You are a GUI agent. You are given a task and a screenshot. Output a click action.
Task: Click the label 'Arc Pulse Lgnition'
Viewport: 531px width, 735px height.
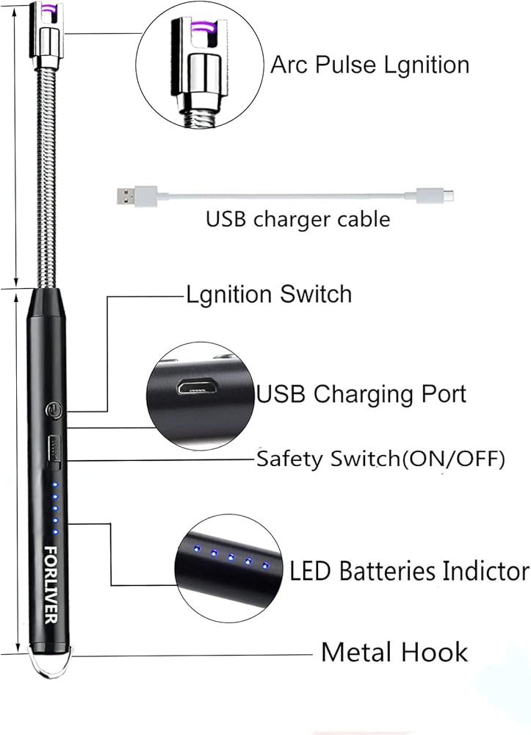(x=369, y=65)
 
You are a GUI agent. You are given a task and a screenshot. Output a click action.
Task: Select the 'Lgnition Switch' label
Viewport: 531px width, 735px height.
(x=268, y=295)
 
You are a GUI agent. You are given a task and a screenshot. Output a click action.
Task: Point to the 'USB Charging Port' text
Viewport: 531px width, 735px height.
(x=361, y=394)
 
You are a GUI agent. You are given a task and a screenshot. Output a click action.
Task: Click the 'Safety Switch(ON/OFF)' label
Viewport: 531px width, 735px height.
(x=380, y=460)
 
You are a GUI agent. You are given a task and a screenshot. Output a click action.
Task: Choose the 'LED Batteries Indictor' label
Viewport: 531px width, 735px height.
(x=409, y=570)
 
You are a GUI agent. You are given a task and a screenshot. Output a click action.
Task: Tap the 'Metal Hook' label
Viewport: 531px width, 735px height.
(x=394, y=652)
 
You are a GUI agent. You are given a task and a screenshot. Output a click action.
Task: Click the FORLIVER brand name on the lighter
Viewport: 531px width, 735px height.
(x=51, y=584)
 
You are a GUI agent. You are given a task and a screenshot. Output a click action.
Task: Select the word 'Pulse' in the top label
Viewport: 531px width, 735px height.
(x=340, y=65)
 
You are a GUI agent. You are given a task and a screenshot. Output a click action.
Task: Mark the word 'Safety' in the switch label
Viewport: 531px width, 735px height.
(x=286, y=460)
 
